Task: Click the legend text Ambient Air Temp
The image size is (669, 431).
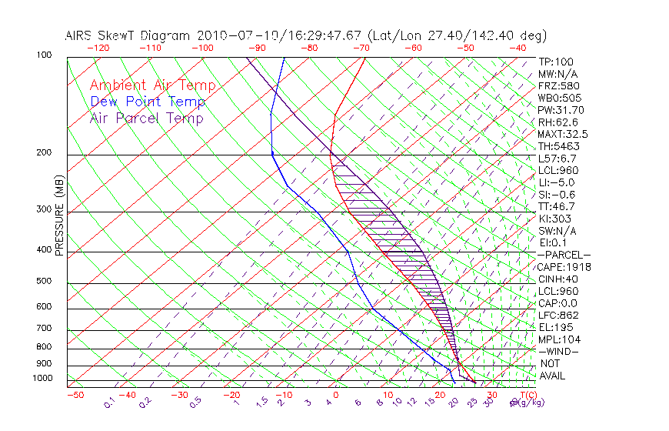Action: coord(152,85)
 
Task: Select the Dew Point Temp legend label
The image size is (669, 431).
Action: coord(148,102)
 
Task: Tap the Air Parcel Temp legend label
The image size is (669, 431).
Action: coord(146,118)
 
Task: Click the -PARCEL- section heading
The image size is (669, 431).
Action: coord(564,255)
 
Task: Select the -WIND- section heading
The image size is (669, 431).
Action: coord(558,351)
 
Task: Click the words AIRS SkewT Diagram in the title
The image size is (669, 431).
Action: coord(129,35)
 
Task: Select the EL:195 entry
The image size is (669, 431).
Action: coord(554,327)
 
